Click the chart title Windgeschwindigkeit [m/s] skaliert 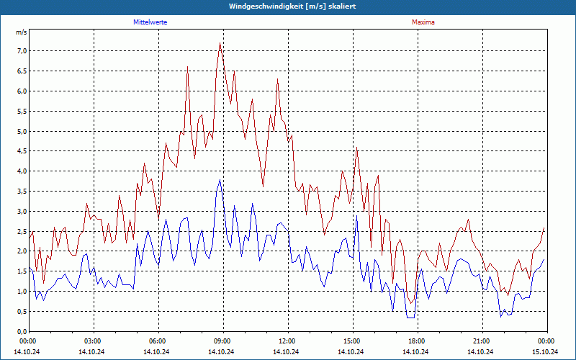pyautogui.click(x=292, y=6)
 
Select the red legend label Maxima pyautogui.click(x=423, y=22)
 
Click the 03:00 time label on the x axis pyautogui.click(x=94, y=341)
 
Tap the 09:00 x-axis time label pyautogui.click(x=222, y=341)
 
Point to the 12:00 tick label pyautogui.click(x=287, y=341)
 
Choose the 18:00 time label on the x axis pyautogui.click(x=417, y=341)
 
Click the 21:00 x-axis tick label pyautogui.click(x=482, y=341)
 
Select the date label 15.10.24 pyautogui.click(x=545, y=351)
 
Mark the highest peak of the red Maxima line pyautogui.click(x=220, y=42)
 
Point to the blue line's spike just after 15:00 pyautogui.click(x=356, y=215)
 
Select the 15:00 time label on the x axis pyautogui.click(x=352, y=341)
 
